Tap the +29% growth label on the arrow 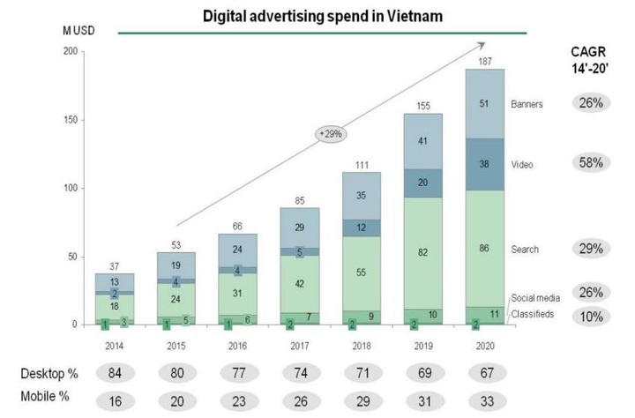click(331, 134)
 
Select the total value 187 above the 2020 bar click(485, 61)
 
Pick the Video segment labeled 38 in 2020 click(485, 164)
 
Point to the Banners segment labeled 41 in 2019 click(423, 141)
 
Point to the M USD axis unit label click(78, 32)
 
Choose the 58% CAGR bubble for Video click(591, 163)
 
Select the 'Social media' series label click(535, 299)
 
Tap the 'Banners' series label click(527, 103)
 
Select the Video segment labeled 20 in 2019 click(423, 183)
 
